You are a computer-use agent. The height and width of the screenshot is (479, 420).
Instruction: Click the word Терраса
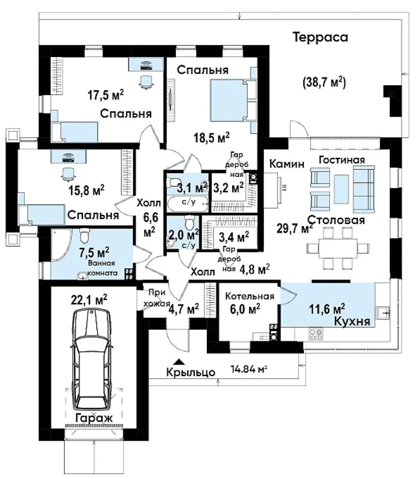coord(320,37)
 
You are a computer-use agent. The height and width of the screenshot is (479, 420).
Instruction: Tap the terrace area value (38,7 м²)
coord(324,82)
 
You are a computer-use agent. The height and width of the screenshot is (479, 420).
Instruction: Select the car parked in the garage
coord(92,359)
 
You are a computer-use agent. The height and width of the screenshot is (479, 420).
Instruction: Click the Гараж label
coord(94,418)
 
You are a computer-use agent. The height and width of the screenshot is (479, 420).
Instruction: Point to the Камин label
coord(287,164)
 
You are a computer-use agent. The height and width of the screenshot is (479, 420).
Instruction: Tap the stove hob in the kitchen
coord(316,334)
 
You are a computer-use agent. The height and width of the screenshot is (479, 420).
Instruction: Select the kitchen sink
coord(383,313)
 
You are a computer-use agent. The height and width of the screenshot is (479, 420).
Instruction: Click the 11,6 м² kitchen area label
coord(327,309)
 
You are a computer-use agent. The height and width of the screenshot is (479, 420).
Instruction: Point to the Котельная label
coord(250,296)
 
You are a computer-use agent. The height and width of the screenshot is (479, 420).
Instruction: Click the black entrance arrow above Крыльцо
coord(179,362)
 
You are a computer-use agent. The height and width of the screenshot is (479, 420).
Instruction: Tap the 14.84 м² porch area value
coord(249,369)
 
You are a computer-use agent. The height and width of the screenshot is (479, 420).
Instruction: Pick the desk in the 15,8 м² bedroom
coord(68,157)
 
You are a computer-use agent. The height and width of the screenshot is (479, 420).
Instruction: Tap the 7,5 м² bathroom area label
coord(94,253)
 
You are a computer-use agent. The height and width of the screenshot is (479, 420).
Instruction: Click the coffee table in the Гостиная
coord(341,189)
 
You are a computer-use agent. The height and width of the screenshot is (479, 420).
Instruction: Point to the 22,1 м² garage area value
coord(89,300)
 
